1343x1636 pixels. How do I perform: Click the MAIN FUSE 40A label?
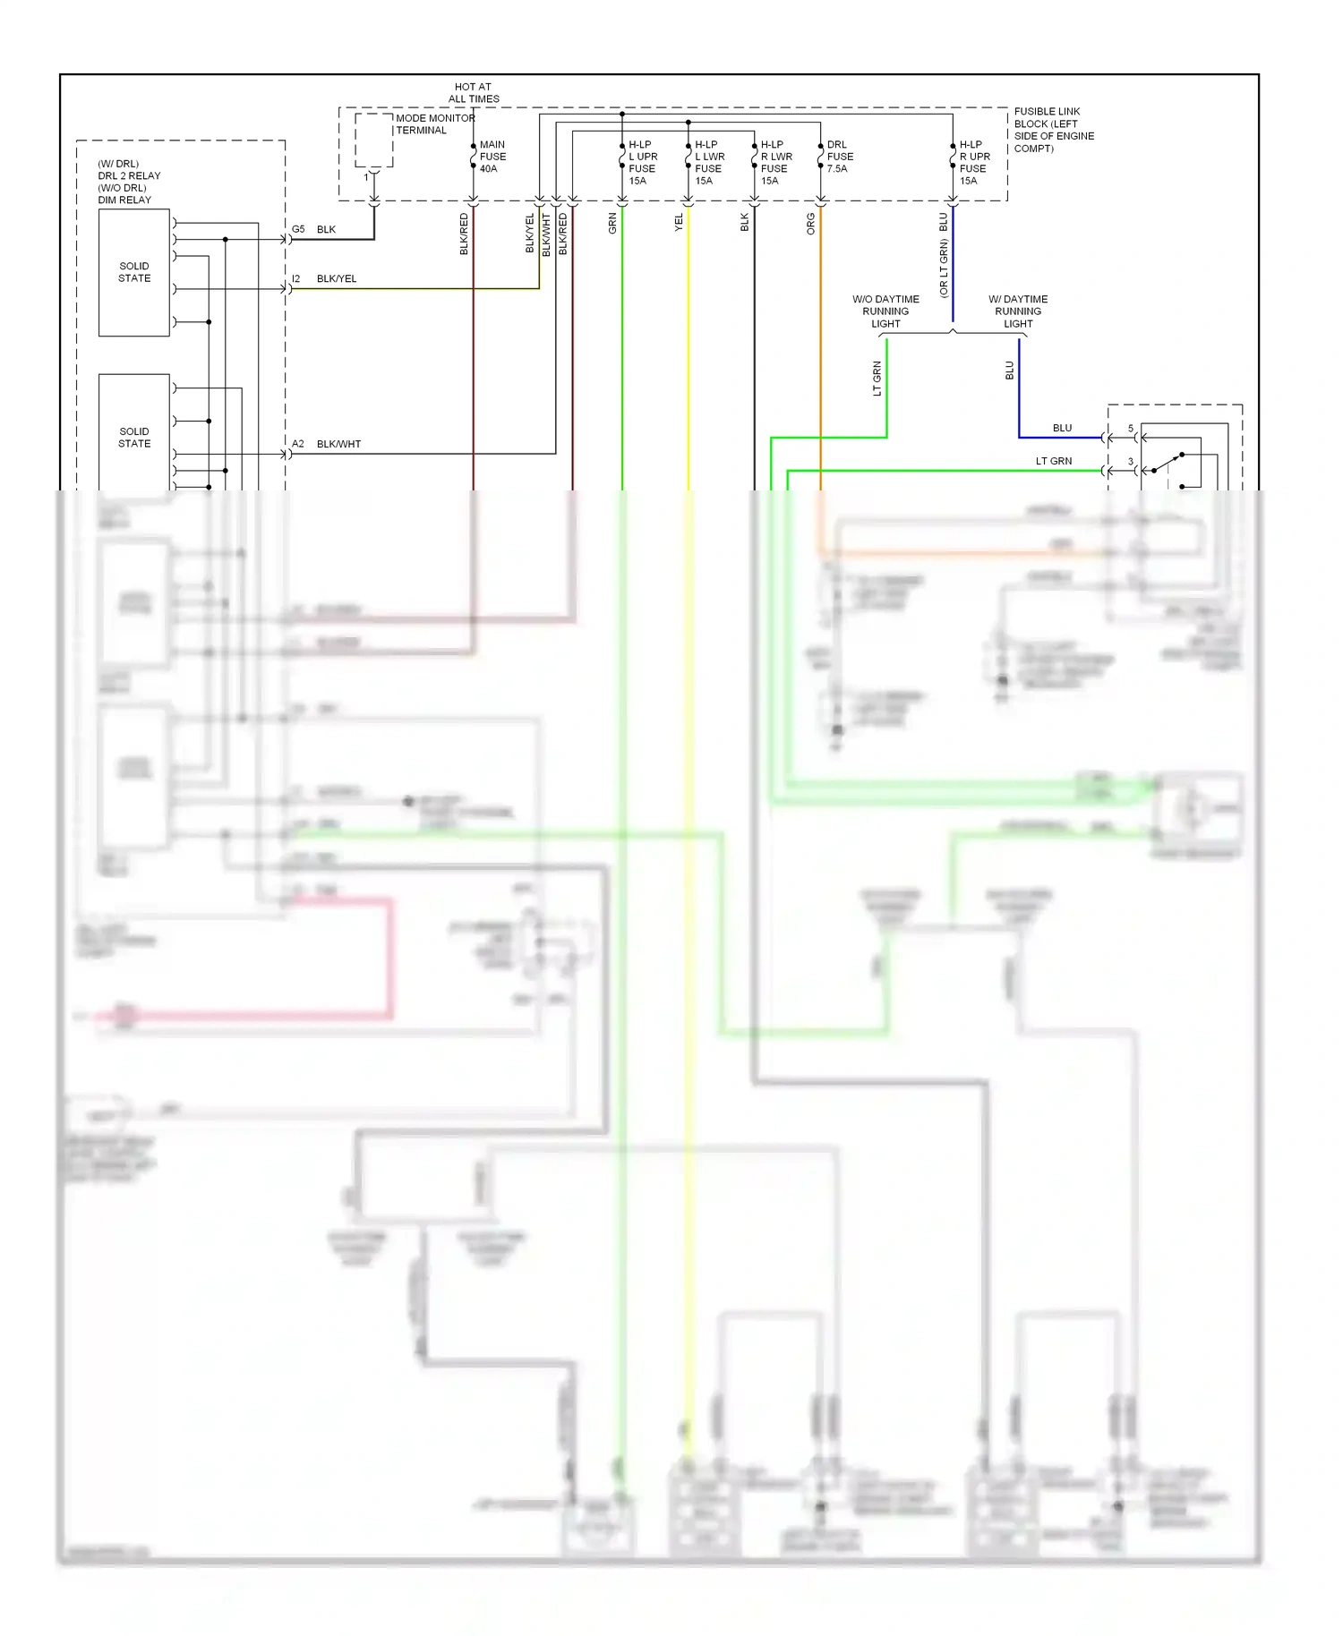[x=492, y=157]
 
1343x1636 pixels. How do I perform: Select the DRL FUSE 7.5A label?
[x=839, y=157]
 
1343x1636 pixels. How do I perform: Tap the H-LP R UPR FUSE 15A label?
[x=973, y=162]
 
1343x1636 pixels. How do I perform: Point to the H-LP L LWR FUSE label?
[x=708, y=162]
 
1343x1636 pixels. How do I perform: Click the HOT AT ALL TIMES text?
[x=473, y=93]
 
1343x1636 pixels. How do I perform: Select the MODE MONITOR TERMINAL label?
[x=434, y=124]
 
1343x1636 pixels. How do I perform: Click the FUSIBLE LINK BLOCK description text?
[x=1053, y=130]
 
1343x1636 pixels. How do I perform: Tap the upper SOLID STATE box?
[x=134, y=272]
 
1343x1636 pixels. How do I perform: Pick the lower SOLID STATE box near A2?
[x=134, y=437]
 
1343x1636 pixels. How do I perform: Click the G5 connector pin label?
[x=298, y=229]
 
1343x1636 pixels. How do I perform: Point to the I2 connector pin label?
[x=296, y=278]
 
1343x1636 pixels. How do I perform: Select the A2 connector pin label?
[x=298, y=444]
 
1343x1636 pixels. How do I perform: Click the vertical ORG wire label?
[x=811, y=224]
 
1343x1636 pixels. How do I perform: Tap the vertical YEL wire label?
[x=679, y=222]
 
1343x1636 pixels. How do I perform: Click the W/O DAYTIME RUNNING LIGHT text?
[x=885, y=311]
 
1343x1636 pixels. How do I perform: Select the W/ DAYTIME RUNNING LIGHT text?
[x=1017, y=311]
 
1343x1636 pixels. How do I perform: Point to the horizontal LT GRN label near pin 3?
[x=1053, y=461]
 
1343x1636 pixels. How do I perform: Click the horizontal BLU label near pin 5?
[x=1062, y=428]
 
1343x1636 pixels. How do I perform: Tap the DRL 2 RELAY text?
[x=129, y=175]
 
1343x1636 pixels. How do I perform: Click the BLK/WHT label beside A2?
[x=338, y=444]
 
